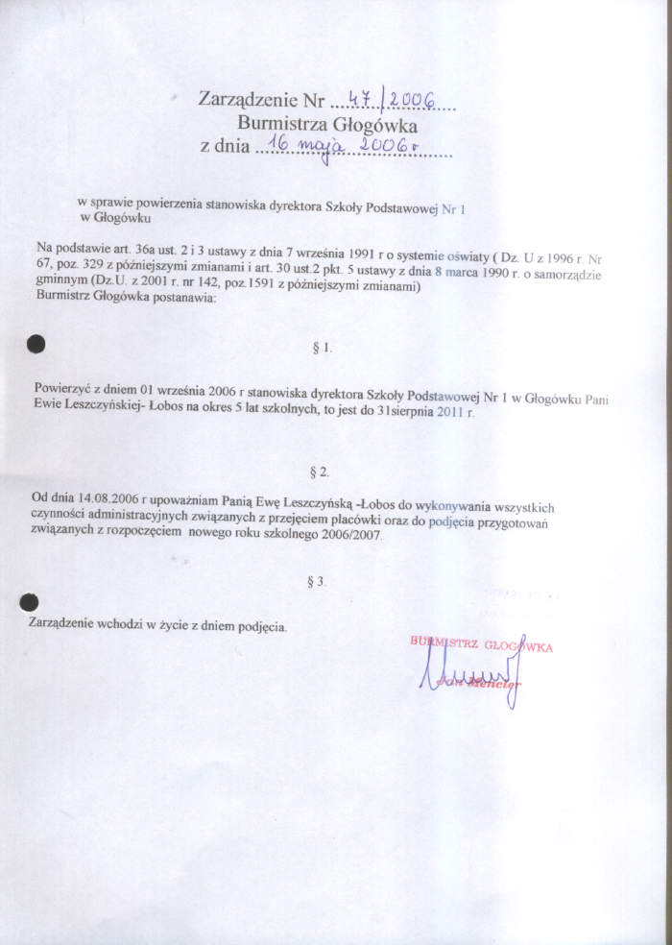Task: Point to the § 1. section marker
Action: (323, 348)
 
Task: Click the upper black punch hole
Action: (36, 343)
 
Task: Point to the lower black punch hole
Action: (30, 603)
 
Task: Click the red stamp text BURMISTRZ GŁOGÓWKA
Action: (481, 645)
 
